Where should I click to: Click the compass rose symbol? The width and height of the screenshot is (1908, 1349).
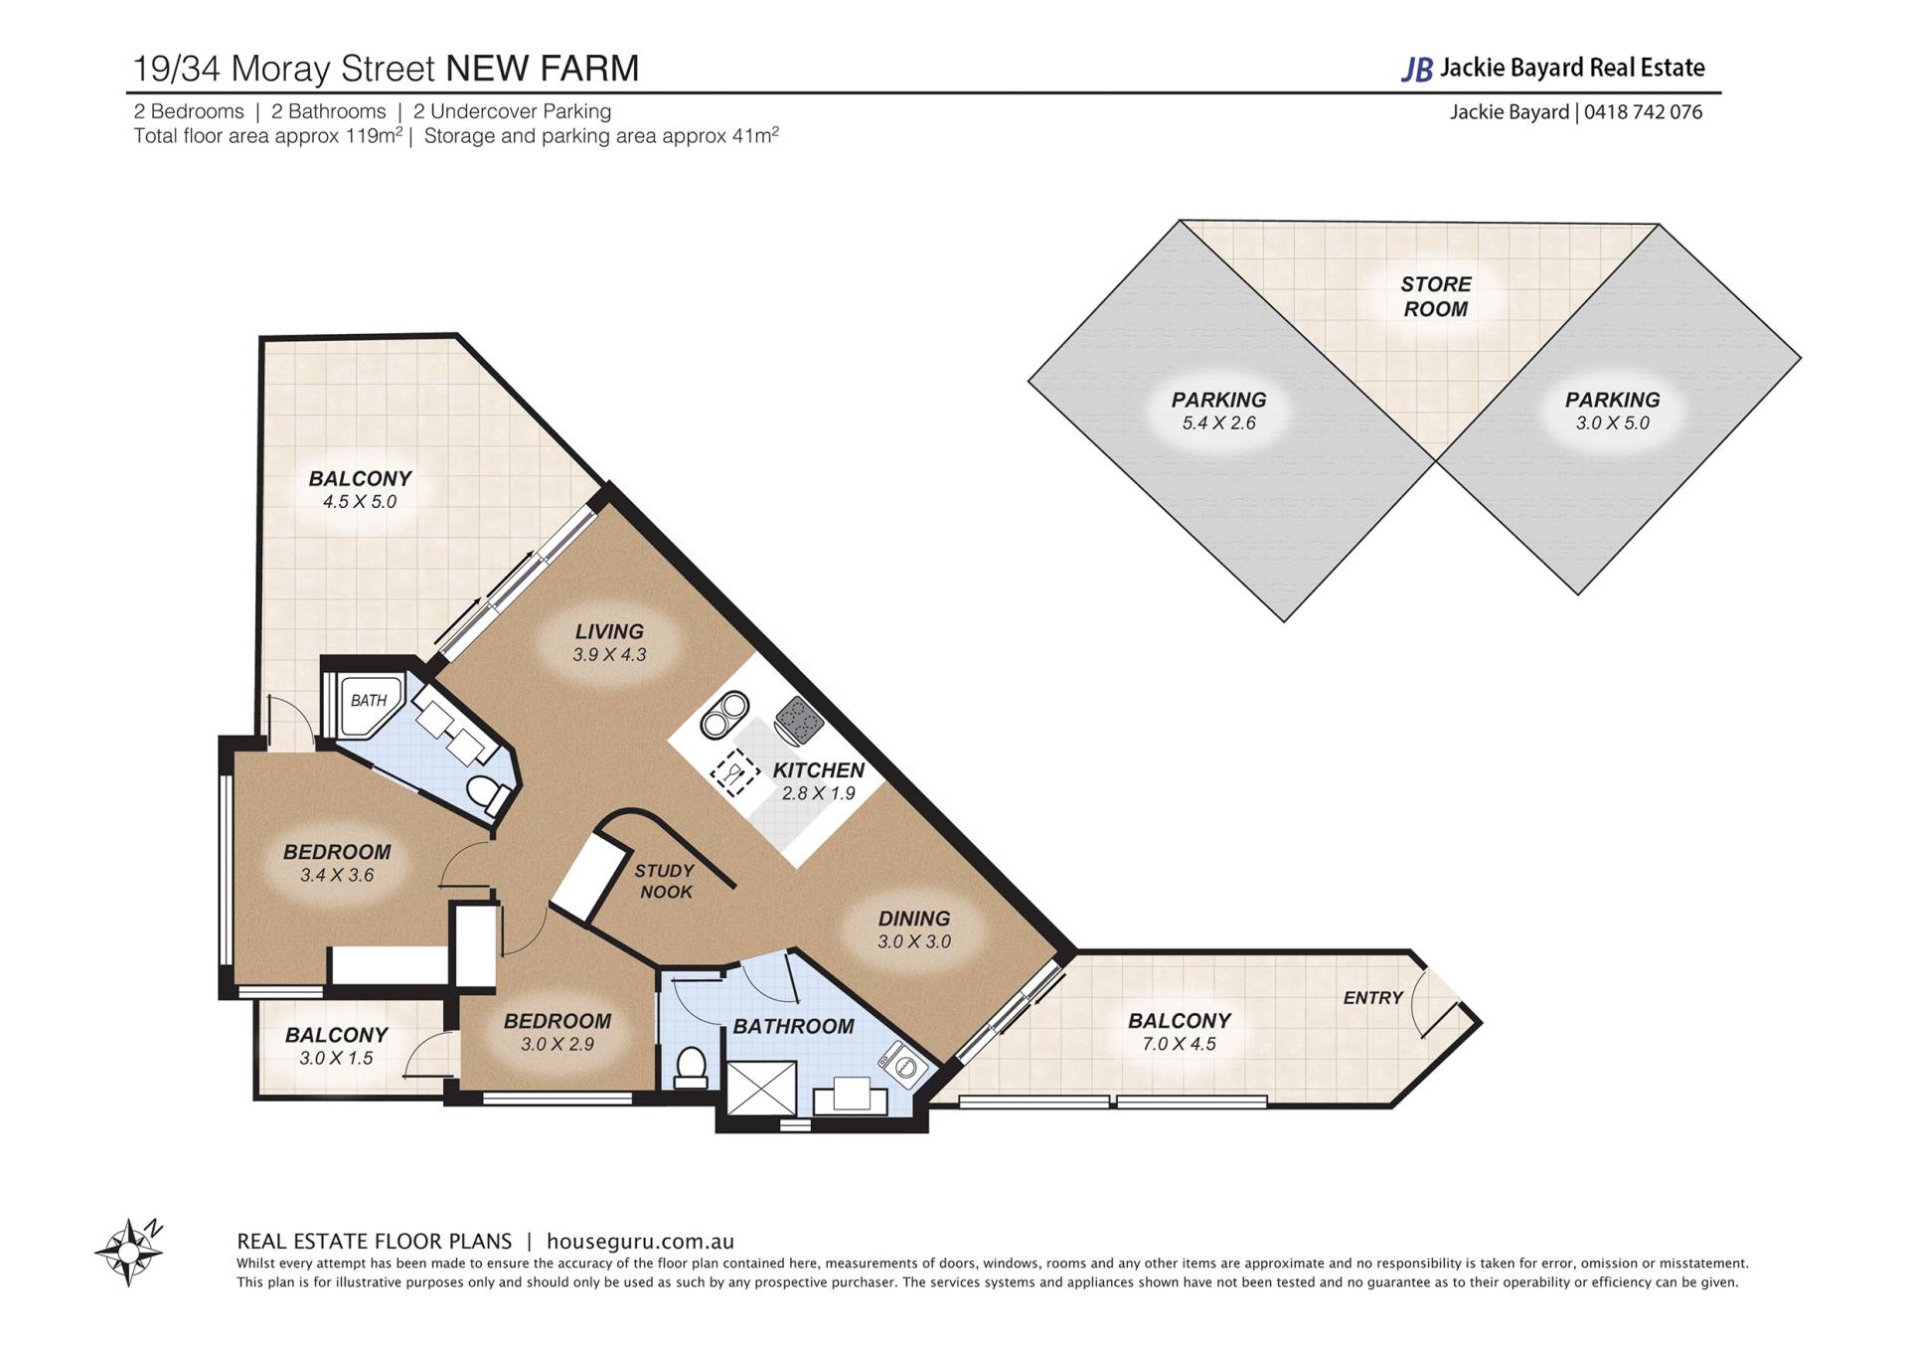click(128, 1252)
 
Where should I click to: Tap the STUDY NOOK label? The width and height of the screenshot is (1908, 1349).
click(665, 881)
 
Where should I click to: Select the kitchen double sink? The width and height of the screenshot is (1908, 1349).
click(724, 714)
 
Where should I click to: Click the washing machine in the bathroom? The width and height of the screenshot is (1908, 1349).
click(903, 1066)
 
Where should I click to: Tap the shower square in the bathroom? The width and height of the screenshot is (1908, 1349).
click(762, 1089)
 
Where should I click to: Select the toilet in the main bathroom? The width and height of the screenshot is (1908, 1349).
click(690, 1067)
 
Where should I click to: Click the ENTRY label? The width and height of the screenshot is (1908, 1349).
click(1373, 998)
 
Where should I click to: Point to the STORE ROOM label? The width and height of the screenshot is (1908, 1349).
click(1436, 296)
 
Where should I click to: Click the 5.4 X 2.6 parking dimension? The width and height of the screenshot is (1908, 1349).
click(1219, 423)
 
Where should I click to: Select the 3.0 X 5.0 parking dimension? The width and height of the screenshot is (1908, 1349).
click(1613, 423)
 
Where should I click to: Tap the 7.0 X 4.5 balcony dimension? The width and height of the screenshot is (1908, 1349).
click(1180, 1044)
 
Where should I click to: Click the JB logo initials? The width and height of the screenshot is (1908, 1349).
click(1417, 69)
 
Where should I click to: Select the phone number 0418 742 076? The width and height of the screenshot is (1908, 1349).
click(1644, 112)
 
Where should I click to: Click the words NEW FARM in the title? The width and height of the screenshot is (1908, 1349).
click(543, 69)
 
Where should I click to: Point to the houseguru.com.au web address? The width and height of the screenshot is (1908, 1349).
click(641, 1242)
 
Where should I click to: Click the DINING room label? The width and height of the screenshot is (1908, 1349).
click(914, 919)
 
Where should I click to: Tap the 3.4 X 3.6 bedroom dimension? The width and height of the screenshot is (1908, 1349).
click(337, 876)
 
